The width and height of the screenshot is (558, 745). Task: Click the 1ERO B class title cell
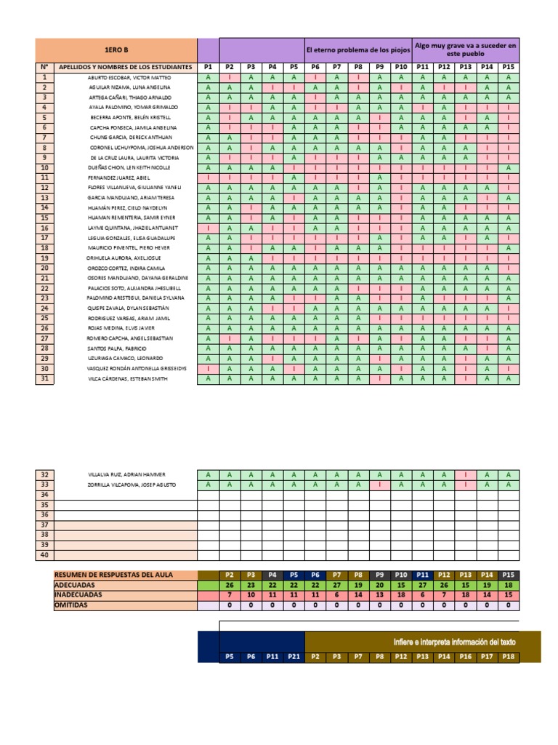[116, 49]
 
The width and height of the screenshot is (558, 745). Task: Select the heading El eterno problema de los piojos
[358, 49]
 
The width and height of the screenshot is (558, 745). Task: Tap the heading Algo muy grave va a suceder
[466, 49]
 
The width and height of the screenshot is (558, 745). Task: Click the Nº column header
[44, 67]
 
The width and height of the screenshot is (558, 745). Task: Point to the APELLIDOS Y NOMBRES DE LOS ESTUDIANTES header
[125, 67]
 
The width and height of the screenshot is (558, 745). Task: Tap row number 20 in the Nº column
[44, 268]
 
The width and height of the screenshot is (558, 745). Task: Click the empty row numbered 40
[44, 555]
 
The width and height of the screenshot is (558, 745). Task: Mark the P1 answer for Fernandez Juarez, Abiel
[208, 178]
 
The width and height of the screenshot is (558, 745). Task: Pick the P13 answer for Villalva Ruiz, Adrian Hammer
[466, 474]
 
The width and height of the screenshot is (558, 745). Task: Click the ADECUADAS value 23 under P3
[251, 585]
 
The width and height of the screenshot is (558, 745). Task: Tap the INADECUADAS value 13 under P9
[379, 594]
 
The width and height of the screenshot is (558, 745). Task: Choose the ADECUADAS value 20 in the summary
[379, 585]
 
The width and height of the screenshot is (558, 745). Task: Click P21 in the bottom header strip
[294, 657]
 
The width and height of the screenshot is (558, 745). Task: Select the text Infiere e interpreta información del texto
[454, 641]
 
